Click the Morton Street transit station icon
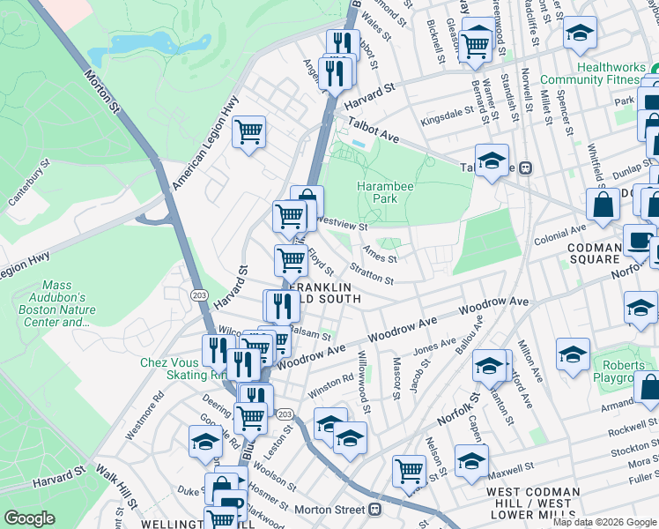tap(375, 510)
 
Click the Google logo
tap(30, 518)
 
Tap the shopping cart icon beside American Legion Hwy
tap(249, 133)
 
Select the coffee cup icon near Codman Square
tap(639, 240)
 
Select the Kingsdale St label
tap(447, 116)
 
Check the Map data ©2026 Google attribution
tap(604, 522)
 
